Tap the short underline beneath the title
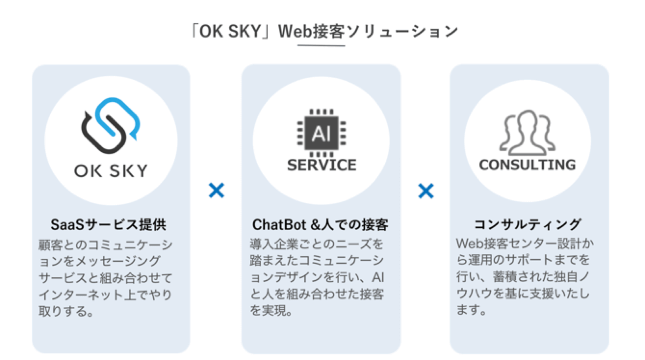coord(321,46)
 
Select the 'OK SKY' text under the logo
coord(111,171)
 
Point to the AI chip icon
coord(321,133)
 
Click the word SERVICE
coord(322,165)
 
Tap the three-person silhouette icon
coord(527,133)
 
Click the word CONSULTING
coord(527,165)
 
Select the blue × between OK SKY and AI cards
coord(216,191)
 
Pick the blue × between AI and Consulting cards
coord(426,191)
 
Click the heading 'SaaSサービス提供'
coord(109,225)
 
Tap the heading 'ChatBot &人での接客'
coord(320,225)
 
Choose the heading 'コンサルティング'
coord(527,224)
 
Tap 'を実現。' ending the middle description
coord(271,310)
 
